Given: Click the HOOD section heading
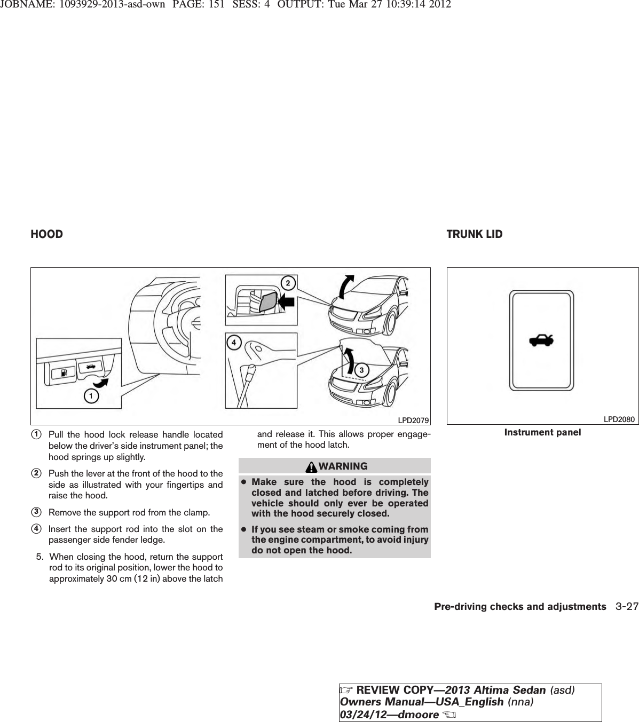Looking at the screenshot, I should [x=47, y=234].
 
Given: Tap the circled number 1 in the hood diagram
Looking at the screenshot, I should [x=92, y=396].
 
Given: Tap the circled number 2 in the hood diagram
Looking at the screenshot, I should [x=287, y=283].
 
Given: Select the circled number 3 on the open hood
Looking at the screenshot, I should [x=361, y=370].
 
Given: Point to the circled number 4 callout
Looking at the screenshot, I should [x=233, y=341].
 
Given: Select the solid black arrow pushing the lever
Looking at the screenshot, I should [x=287, y=303].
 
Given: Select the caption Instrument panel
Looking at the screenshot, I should [x=542, y=432].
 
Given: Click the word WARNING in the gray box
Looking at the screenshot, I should [x=344, y=466].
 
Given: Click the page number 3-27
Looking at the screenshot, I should [x=626, y=607].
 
